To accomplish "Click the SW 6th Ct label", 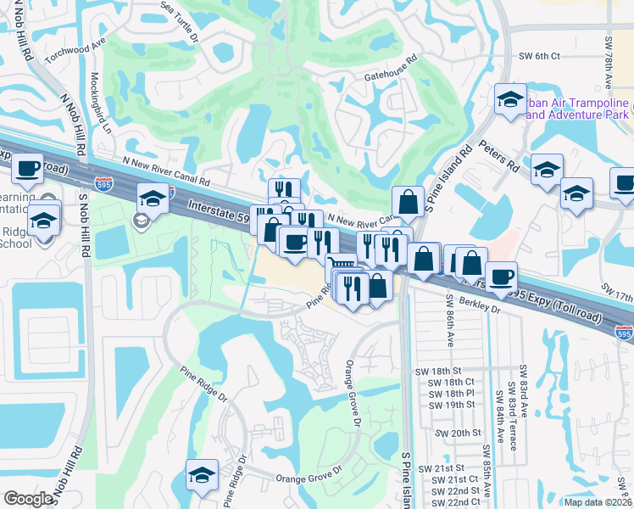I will click(538, 56).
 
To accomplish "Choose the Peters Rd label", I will click(497, 157).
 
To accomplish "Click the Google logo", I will click(28, 499).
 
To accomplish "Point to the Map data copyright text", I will click(597, 502).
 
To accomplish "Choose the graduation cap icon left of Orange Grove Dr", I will click(202, 473).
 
